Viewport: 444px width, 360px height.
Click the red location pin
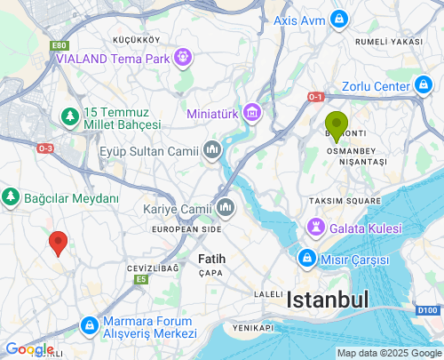pos(59,242)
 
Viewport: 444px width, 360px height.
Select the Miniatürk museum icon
pos(252,113)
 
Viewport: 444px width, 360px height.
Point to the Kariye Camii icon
pos(225,209)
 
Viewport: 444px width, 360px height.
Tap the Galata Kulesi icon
pos(316,228)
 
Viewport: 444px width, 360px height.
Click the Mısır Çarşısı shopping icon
pos(305,260)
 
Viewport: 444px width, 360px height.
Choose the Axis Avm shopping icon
pos(339,19)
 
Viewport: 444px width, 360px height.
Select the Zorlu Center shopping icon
pos(423,86)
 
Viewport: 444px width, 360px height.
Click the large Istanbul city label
pos(327,300)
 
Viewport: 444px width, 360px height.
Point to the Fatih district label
pos(211,259)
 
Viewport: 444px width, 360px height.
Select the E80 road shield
pos(59,45)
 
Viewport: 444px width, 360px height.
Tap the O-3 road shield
pos(46,148)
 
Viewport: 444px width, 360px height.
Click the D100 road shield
pos(427,309)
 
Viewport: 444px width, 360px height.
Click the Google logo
pos(28,349)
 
